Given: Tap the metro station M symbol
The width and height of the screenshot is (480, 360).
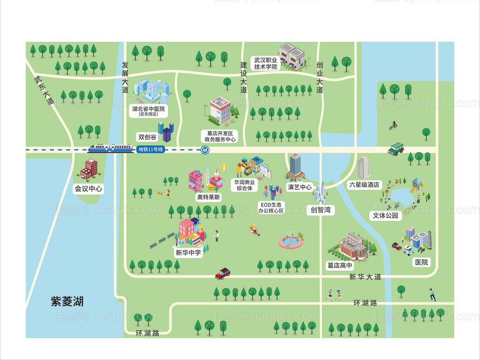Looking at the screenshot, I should (205, 150).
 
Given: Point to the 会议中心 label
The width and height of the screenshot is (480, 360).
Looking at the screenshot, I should (89, 188).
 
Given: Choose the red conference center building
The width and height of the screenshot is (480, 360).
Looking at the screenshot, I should (89, 170).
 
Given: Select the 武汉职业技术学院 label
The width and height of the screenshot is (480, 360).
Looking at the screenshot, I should (265, 63).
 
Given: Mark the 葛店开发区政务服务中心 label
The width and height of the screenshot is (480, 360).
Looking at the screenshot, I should (220, 136).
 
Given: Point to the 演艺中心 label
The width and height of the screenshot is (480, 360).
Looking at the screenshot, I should (300, 187).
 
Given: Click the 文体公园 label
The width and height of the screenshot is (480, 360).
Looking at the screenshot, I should (385, 216).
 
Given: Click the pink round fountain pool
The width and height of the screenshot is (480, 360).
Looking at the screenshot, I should (290, 242).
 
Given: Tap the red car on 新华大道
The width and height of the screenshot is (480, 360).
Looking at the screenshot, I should (223, 274).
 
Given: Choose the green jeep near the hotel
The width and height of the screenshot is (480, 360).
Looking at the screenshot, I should (396, 148).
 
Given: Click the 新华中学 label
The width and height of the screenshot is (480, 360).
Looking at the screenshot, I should (189, 253).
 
